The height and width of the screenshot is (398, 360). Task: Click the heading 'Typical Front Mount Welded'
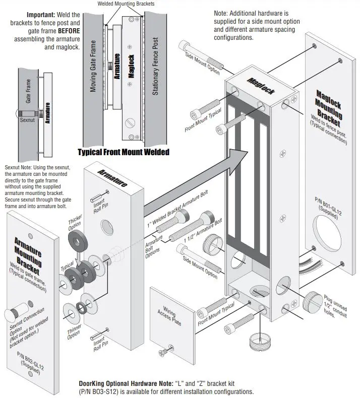pos(123,152)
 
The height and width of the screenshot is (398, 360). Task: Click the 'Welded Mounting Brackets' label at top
pos(126,4)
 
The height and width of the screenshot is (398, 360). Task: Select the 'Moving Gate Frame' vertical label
pos(93,73)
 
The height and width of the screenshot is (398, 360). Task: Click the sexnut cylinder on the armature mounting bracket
pos(15,314)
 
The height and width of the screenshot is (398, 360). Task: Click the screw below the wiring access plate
pos(164,351)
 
